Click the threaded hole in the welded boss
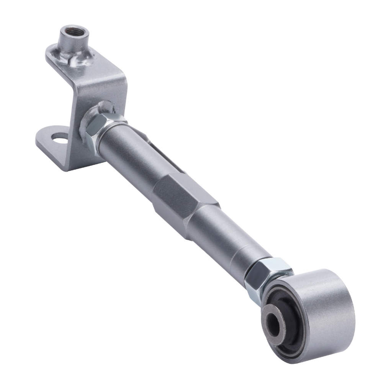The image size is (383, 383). [x=73, y=31]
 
